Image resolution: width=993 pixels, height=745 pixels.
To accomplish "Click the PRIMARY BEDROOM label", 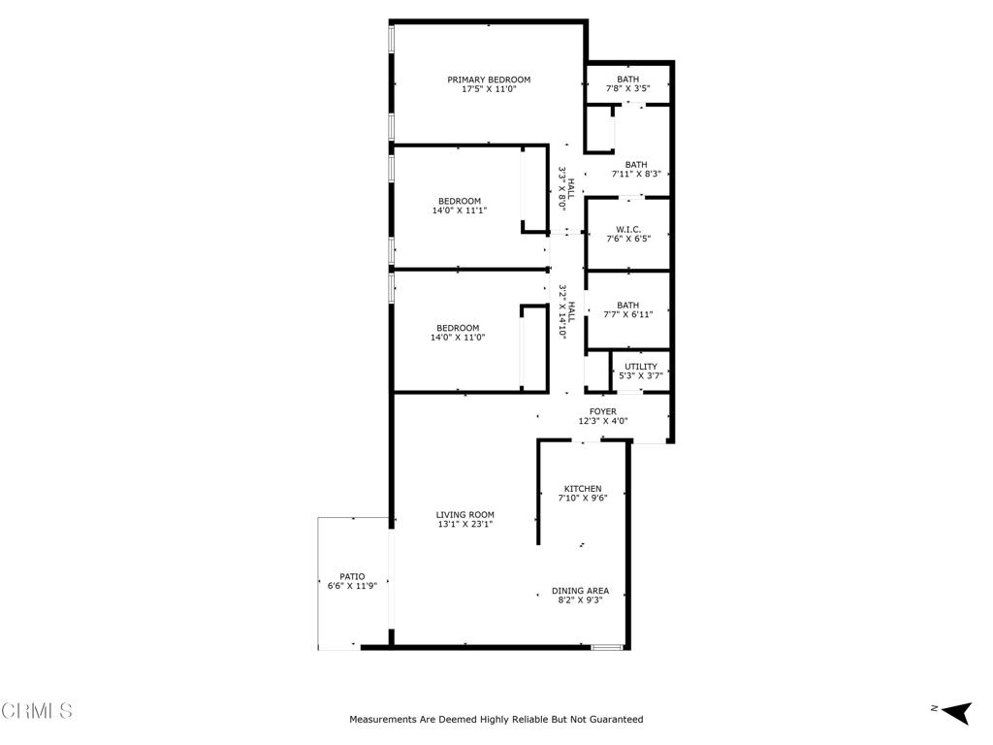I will click(489, 80).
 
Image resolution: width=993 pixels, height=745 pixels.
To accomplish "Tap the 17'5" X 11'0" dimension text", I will click(489, 89).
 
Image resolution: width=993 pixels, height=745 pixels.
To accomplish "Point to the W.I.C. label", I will click(627, 229).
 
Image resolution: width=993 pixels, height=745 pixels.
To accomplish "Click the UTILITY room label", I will click(641, 367).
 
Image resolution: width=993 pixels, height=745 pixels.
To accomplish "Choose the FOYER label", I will click(603, 411).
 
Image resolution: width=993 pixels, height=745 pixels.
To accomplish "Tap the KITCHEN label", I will click(583, 489).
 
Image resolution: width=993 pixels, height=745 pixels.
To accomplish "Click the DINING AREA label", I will click(580, 591).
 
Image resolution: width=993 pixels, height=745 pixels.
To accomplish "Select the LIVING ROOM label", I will click(465, 515).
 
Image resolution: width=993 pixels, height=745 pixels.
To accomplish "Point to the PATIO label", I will click(352, 576).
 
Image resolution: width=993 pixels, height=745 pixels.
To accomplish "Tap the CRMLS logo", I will click(37, 711).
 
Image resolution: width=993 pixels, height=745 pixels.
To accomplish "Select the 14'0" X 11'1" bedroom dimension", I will click(459, 211).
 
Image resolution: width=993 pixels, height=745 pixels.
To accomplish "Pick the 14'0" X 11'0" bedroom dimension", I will click(458, 338).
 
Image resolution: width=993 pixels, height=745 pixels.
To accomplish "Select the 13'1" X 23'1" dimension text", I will click(465, 525).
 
